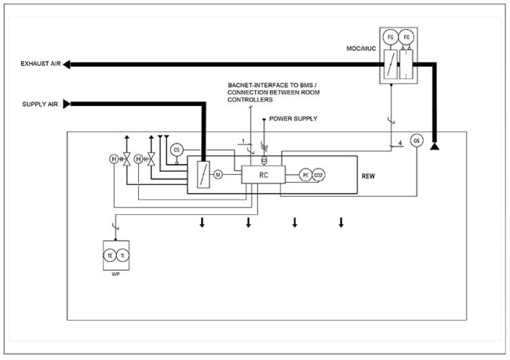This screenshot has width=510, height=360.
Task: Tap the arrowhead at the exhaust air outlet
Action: tap(67, 64)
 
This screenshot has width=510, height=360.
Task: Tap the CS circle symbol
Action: tap(177, 150)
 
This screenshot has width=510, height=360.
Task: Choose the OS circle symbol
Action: tap(417, 140)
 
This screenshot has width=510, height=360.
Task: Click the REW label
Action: tap(366, 176)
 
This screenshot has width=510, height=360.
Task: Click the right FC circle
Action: tap(406, 36)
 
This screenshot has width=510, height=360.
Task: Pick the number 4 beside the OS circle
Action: tap(399, 143)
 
